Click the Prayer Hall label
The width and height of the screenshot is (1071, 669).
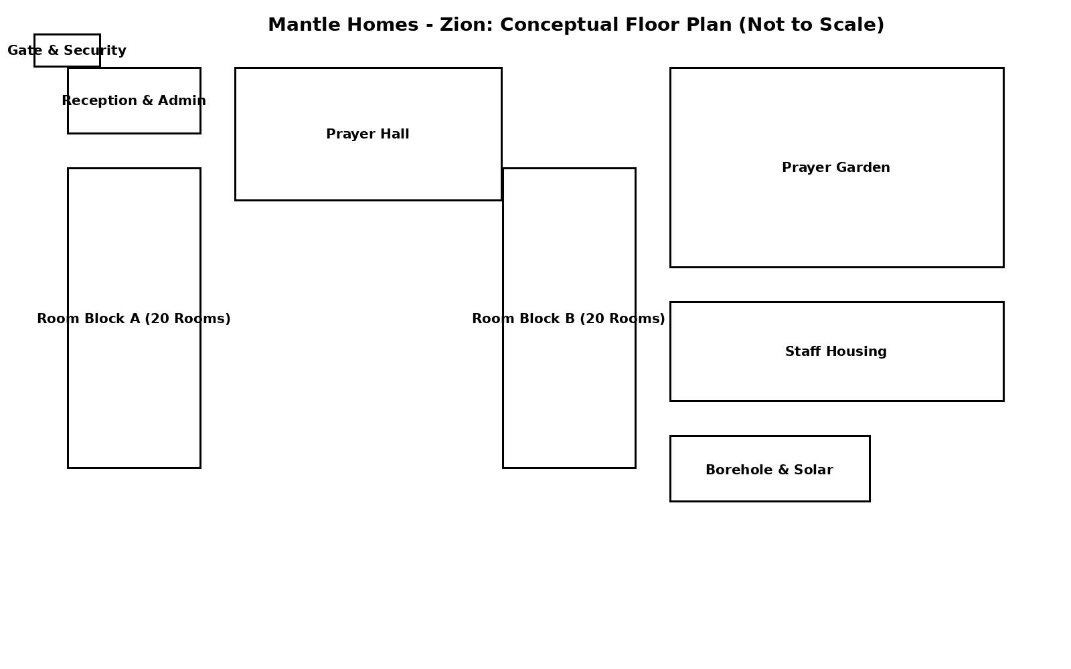(x=367, y=134)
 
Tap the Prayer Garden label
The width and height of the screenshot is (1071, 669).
(x=836, y=168)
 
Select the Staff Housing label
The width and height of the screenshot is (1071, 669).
(x=836, y=352)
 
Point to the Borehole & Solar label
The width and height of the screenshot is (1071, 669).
(x=769, y=470)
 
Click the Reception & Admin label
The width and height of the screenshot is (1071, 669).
(x=134, y=101)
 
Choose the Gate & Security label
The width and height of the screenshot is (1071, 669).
(x=67, y=50)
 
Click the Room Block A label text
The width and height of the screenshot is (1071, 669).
(x=134, y=318)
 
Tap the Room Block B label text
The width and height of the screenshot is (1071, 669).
(x=568, y=318)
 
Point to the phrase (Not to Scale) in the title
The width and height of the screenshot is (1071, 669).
(x=811, y=25)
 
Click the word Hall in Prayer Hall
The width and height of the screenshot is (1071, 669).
(x=396, y=134)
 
